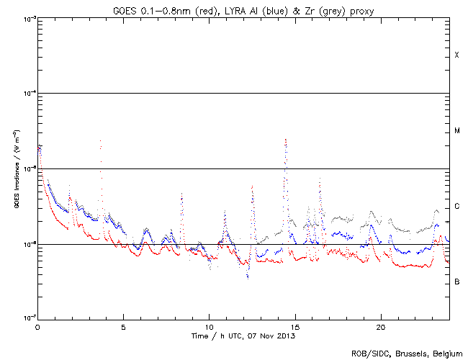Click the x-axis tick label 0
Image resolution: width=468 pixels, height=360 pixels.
point(37,326)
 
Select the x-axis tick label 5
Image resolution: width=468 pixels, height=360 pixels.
point(123,326)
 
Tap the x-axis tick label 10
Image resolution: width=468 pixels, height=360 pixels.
point(209,326)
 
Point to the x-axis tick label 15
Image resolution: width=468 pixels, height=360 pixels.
point(294,326)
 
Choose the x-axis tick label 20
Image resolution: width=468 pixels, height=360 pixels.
point(380,326)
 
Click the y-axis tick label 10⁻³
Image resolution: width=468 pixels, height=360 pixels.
point(25,19)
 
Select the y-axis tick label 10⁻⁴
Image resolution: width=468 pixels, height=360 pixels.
point(25,94)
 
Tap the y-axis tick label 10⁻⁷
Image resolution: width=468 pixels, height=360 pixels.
point(25,318)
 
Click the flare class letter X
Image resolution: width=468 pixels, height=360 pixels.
point(456,55)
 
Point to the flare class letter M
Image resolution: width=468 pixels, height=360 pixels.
point(456,131)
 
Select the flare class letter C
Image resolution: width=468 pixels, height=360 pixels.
point(456,207)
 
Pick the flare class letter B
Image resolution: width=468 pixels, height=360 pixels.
point(456,282)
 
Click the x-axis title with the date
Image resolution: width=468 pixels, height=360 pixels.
point(243,336)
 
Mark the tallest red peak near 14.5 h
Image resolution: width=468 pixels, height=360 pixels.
point(286,139)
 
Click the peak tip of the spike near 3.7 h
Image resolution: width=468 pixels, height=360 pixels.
point(100,141)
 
